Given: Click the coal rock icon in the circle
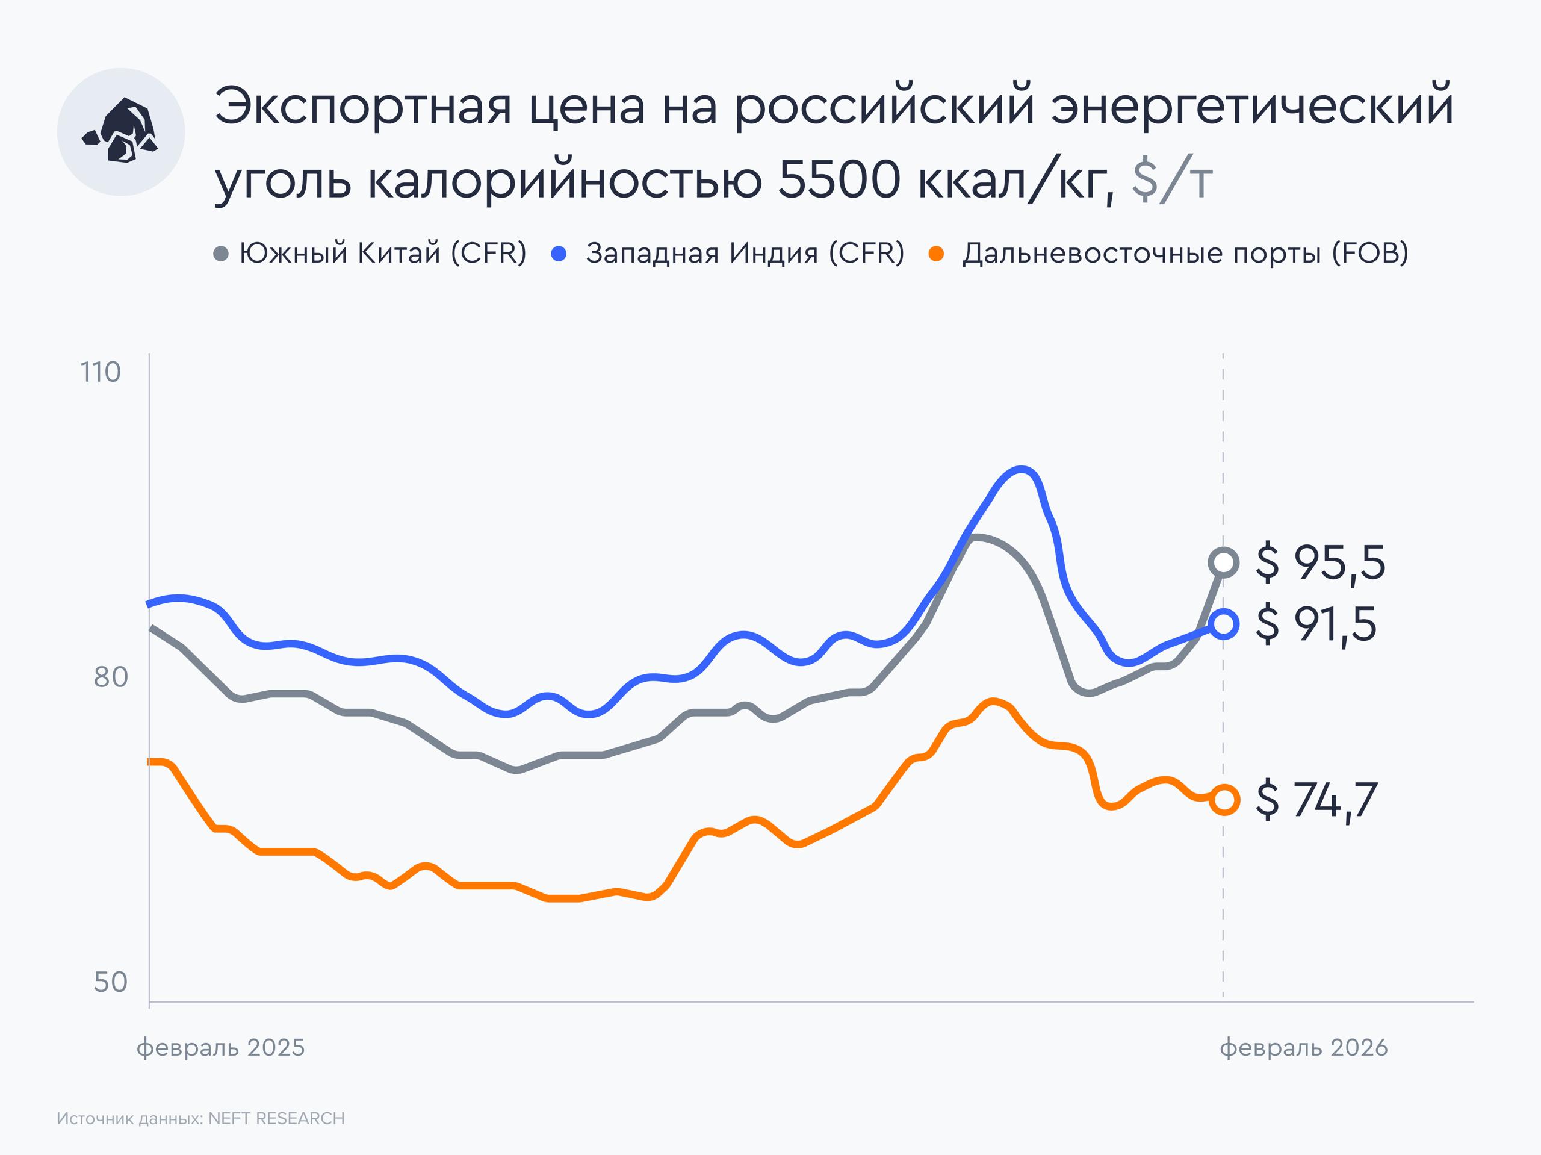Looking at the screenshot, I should point(120,132).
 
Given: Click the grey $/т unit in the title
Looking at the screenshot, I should point(1172,181).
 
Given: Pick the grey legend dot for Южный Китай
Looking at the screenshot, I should point(221,254).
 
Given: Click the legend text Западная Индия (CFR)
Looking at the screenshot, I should point(745,253).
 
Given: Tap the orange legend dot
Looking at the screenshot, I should point(936,254).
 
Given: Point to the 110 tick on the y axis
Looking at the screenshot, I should point(101,372).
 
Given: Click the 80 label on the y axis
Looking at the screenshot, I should point(111,677).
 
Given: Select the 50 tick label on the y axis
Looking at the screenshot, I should point(111,982).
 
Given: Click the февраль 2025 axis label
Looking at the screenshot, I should point(220,1048).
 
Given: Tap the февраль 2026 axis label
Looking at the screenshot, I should point(1303,1048).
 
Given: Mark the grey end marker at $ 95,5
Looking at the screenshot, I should point(1224,562).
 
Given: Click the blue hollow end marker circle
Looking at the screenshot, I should point(1224,623).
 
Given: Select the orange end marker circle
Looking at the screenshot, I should point(1224,800).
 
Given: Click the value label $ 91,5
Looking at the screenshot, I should point(1316,624).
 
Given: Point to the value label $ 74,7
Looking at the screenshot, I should point(1316,800).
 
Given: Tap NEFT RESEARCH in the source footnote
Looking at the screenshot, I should point(276,1118).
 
